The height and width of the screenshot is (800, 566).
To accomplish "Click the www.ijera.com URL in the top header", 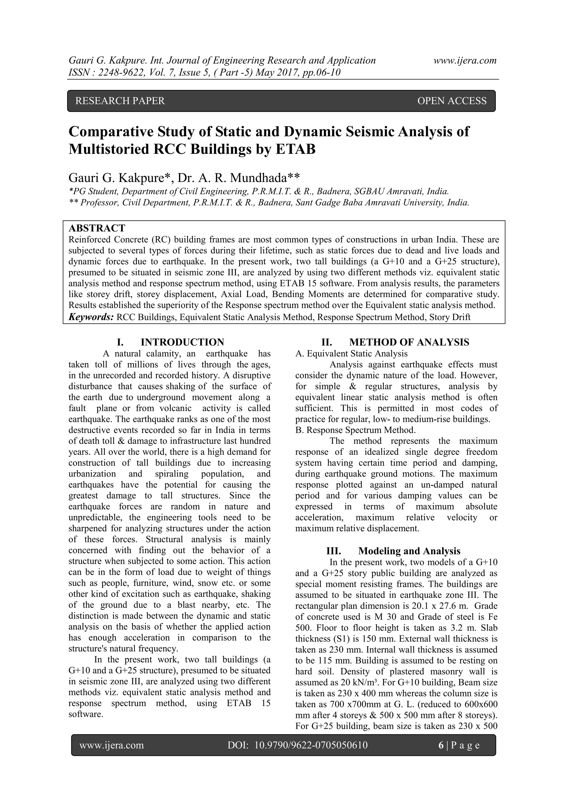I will tap(465, 61).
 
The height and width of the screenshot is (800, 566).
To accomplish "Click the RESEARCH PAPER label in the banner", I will tap(120, 101).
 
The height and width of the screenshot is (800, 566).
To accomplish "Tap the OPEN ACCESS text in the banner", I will tap(452, 101).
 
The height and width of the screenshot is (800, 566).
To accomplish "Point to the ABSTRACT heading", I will tap(97, 228).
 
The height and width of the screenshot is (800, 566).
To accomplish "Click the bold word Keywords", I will tap(91, 317).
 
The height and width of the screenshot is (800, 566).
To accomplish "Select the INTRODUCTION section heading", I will tap(182, 342).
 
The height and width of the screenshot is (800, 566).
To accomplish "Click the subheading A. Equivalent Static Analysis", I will tap(351, 354).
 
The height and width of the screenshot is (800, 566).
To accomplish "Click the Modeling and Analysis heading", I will tap(409, 551).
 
